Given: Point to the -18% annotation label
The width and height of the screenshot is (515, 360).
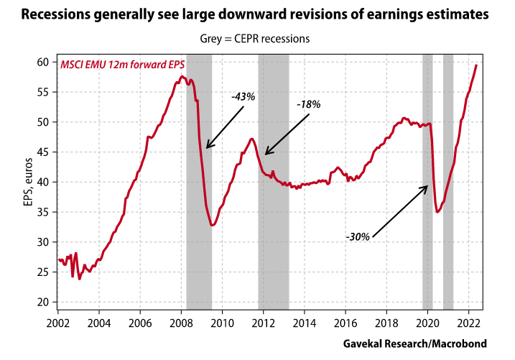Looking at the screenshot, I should tap(309, 104).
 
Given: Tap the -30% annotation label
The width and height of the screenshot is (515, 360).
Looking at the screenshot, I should tap(357, 236).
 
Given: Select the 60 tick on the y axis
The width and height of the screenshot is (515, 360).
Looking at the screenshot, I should tap(44, 62).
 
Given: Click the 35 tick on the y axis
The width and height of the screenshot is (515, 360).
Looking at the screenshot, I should tap(44, 212).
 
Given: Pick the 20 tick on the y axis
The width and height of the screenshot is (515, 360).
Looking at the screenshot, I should tap(44, 302).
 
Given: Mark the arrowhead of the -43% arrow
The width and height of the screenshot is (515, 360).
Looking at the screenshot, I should tap(207, 147).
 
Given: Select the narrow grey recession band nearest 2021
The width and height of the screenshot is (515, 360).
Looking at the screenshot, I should tap(448, 180).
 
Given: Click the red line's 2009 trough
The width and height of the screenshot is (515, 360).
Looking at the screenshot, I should tap(212, 225).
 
